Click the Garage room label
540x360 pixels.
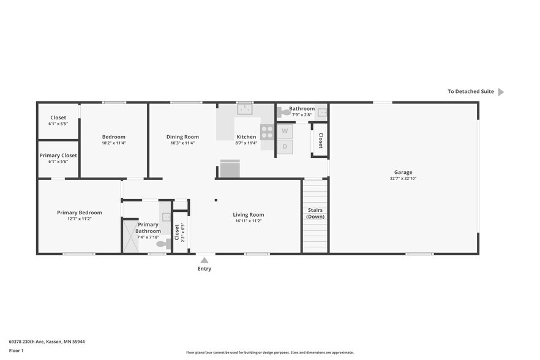tap(402, 172)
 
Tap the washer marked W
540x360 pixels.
tap(285, 131)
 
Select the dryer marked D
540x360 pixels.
tap(285, 147)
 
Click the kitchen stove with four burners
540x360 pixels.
tap(267, 132)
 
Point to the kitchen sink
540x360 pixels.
tap(245, 110)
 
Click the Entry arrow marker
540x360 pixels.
tap(204, 260)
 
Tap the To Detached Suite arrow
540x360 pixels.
tap(500, 92)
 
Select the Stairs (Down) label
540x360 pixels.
tap(315, 213)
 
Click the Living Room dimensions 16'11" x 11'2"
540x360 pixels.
tap(248, 221)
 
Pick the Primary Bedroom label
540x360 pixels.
tap(79, 212)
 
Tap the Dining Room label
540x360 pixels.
tap(182, 137)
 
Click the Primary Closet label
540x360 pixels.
tap(58, 156)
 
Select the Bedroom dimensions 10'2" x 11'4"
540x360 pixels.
tap(113, 143)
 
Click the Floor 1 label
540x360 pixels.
tap(17, 351)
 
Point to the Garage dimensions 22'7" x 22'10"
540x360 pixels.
tap(402, 179)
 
